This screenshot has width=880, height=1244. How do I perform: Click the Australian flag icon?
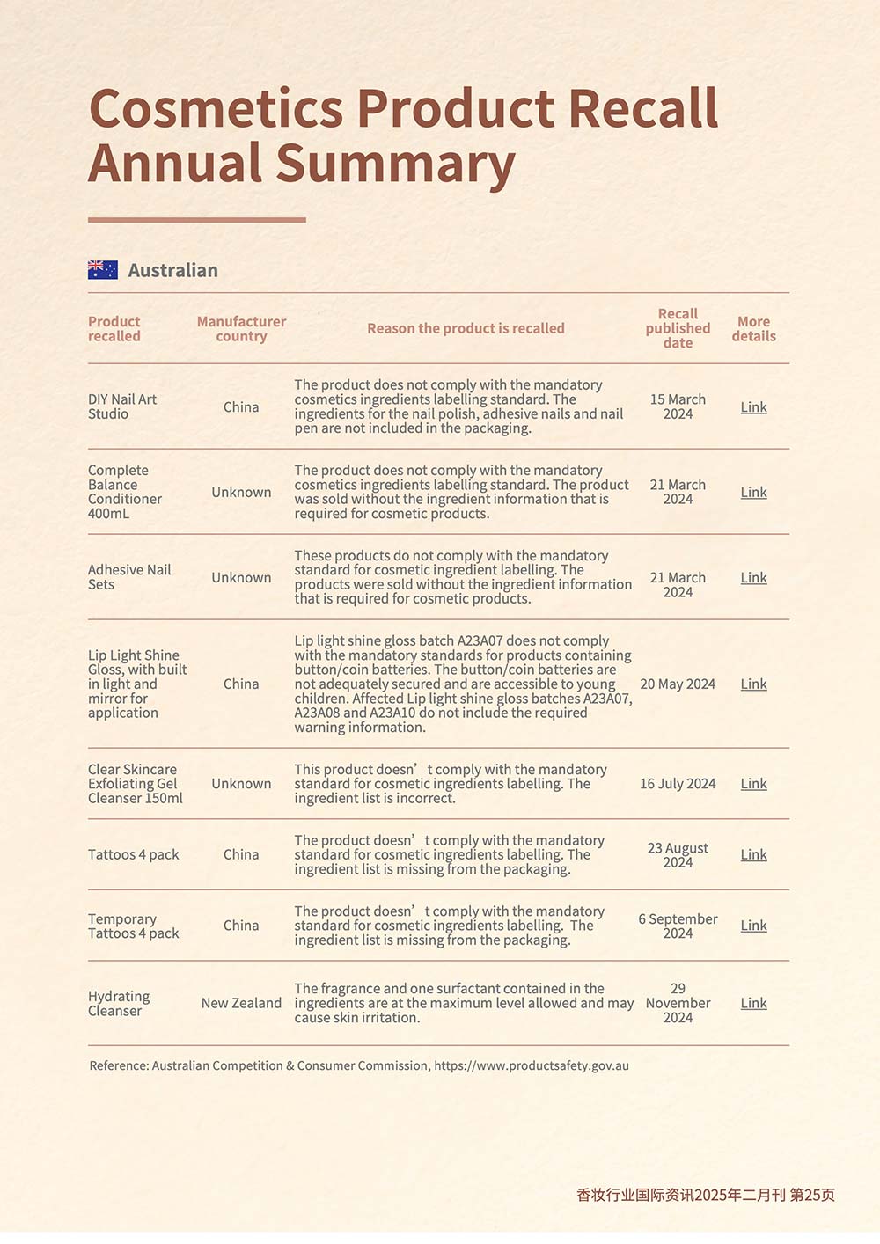point(103,270)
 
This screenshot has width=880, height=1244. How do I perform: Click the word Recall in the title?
point(643,109)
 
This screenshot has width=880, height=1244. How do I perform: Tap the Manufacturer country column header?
point(241,329)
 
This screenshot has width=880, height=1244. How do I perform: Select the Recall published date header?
point(678,328)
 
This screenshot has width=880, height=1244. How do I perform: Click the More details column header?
point(753,329)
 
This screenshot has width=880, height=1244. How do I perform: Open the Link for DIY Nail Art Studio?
point(753,407)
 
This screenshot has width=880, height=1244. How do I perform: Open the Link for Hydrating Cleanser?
point(753,1003)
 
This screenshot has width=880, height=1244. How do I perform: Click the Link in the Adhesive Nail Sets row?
point(753,578)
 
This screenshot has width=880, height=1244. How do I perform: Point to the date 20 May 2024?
point(678,684)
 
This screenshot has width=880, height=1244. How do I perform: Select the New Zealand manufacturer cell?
point(241,1003)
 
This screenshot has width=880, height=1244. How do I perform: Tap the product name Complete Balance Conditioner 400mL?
point(125,492)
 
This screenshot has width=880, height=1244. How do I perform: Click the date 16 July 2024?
point(678,784)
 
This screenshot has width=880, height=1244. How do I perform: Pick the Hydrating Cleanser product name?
point(119,1004)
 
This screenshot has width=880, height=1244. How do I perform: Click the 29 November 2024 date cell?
point(678,1003)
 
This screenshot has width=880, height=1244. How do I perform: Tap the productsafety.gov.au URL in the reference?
point(532,1065)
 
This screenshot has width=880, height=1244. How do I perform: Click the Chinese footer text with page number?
point(705,1195)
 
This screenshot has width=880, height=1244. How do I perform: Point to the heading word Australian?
point(172,270)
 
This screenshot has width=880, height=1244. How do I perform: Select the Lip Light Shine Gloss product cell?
point(136,684)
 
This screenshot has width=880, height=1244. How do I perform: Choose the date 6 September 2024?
point(678,926)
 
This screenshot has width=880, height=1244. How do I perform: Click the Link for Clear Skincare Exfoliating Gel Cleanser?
point(753,784)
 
